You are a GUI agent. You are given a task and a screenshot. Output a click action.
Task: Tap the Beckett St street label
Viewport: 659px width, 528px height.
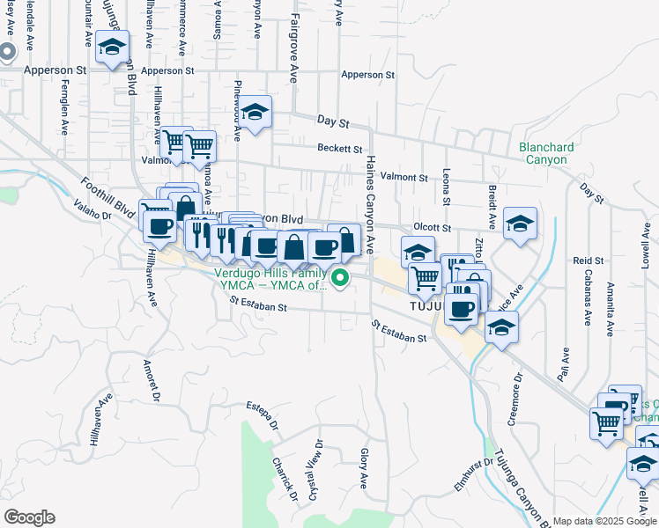click(x=340, y=150)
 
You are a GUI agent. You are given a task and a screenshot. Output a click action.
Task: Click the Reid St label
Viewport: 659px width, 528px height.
click(x=588, y=261)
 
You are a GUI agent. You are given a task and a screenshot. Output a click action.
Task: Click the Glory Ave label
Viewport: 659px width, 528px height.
click(x=363, y=468)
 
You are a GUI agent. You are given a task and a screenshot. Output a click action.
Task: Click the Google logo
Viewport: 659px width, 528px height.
click(x=29, y=517)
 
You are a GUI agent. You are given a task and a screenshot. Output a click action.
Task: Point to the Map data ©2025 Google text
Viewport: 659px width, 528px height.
click(x=605, y=521)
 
